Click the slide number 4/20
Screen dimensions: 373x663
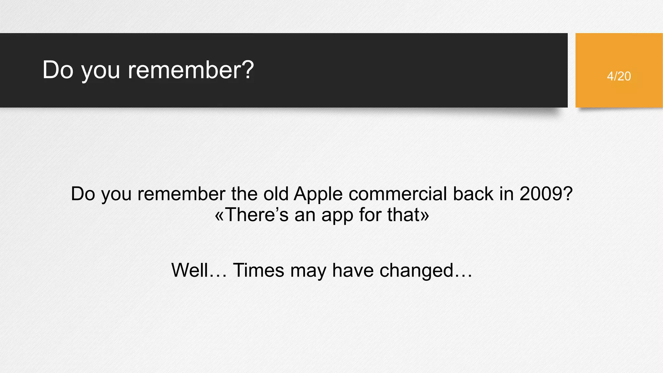tap(619, 76)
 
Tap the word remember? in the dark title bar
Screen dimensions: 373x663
tap(191, 70)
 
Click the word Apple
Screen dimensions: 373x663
tap(318, 194)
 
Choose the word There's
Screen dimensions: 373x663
tap(256, 215)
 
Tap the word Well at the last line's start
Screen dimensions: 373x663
tap(190, 270)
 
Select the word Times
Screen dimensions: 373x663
tap(258, 270)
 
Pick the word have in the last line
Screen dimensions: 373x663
tap(353, 270)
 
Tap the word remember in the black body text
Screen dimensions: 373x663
tap(181, 194)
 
